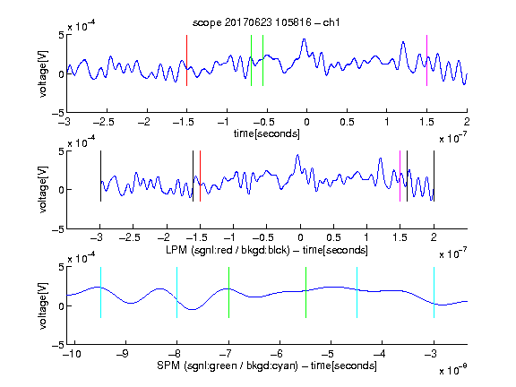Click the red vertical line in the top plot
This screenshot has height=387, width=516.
[x=186, y=60]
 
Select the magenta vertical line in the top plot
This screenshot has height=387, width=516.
[x=426, y=60]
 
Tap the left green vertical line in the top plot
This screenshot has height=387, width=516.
[x=251, y=60]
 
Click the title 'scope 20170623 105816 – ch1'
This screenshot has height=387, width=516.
[x=266, y=22]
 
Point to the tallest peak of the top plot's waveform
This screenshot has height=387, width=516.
[x=304, y=39]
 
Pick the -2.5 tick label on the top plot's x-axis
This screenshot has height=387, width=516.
[x=104, y=122]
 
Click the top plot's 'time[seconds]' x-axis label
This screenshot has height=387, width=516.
[x=267, y=133]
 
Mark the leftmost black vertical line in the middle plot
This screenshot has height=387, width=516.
[x=100, y=176]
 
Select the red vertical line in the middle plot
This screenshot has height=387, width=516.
[x=200, y=176]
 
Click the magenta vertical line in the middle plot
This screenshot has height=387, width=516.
[x=400, y=176]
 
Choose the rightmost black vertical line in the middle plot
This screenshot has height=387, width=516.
[x=434, y=176]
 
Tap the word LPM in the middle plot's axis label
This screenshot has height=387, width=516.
[x=176, y=250]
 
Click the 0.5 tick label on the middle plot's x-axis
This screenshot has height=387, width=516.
[x=333, y=237]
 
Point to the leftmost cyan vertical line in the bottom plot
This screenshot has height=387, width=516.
[x=100, y=292]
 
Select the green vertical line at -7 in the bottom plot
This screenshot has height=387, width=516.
[x=228, y=292]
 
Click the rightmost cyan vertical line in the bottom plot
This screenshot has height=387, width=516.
[x=434, y=292]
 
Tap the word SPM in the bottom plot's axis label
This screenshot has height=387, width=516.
[x=168, y=365]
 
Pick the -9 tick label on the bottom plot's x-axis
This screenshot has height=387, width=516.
[x=123, y=354]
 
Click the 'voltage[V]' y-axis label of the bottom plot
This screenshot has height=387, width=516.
[x=43, y=306]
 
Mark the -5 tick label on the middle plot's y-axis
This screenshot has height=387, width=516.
[x=58, y=229]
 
